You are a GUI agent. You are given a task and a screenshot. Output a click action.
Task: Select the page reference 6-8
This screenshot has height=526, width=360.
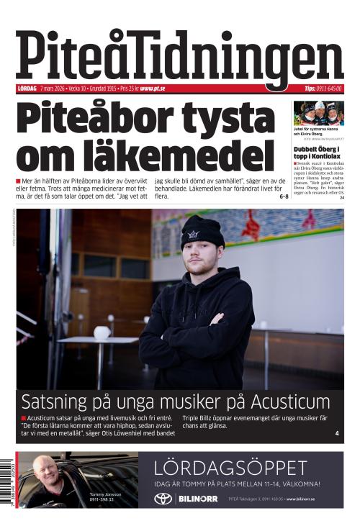click(x=284, y=196)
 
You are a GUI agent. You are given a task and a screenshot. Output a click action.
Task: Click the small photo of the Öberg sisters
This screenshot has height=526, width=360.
click(x=318, y=114)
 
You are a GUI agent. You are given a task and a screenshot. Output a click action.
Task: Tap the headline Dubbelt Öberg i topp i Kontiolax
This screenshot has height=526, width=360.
click(x=318, y=152)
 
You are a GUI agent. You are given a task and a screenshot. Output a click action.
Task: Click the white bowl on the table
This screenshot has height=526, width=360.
click(x=102, y=332)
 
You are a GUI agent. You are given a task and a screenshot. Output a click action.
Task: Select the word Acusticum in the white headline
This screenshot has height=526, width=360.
click(x=287, y=402)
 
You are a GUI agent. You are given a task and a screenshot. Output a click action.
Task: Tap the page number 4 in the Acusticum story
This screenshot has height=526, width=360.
click(x=337, y=433)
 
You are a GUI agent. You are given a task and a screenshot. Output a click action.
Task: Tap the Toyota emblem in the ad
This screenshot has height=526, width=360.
click(x=163, y=499)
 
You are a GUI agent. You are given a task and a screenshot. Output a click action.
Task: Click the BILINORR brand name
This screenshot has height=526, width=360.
click(x=197, y=499)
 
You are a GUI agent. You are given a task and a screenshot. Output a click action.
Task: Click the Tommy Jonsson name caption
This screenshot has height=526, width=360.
click(x=105, y=495)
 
